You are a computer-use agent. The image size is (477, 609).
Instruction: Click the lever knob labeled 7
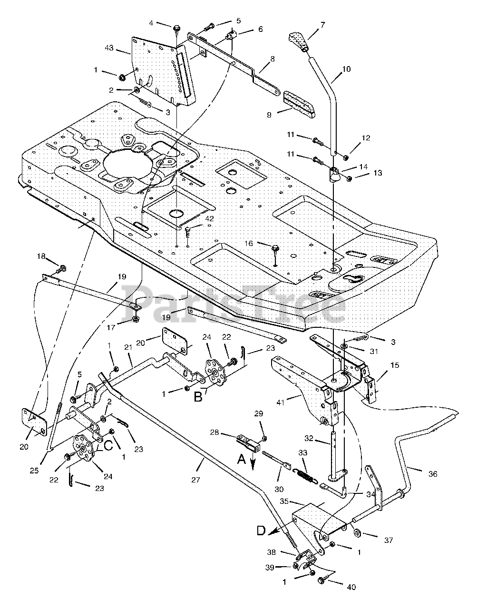point(299,42)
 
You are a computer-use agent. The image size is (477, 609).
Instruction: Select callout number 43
point(109,48)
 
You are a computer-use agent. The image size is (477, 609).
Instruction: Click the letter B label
point(198,397)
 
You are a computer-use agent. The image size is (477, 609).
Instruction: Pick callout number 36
point(433,474)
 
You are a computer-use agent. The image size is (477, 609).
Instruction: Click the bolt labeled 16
point(275,250)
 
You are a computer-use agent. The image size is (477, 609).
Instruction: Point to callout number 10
point(347,69)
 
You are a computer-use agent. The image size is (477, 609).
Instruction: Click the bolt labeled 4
point(177,29)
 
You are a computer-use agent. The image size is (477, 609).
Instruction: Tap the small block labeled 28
point(248,443)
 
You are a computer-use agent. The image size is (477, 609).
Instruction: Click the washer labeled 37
point(358,532)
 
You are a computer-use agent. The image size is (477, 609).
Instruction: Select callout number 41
point(281,403)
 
